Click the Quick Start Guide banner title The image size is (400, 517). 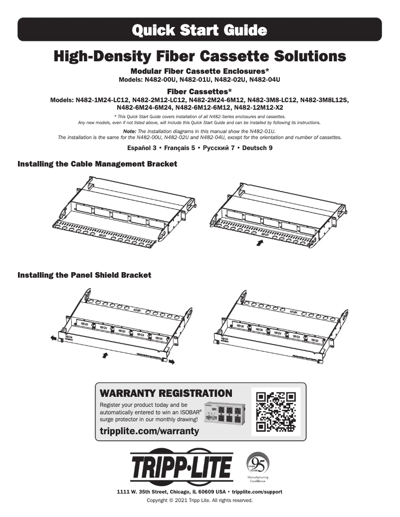[x=200, y=30]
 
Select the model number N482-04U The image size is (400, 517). [x=264, y=79]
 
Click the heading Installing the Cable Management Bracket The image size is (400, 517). [x=97, y=164]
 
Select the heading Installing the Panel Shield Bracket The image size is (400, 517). [x=84, y=275]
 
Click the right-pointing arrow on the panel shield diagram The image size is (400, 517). [x=172, y=360]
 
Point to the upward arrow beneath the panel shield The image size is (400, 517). [x=105, y=355]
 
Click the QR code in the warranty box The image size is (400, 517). [x=275, y=411]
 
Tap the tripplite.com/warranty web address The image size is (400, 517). [x=150, y=430]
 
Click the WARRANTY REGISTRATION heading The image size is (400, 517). [x=166, y=393]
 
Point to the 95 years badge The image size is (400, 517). [x=258, y=466]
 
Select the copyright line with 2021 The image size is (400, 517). [x=200, y=500]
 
